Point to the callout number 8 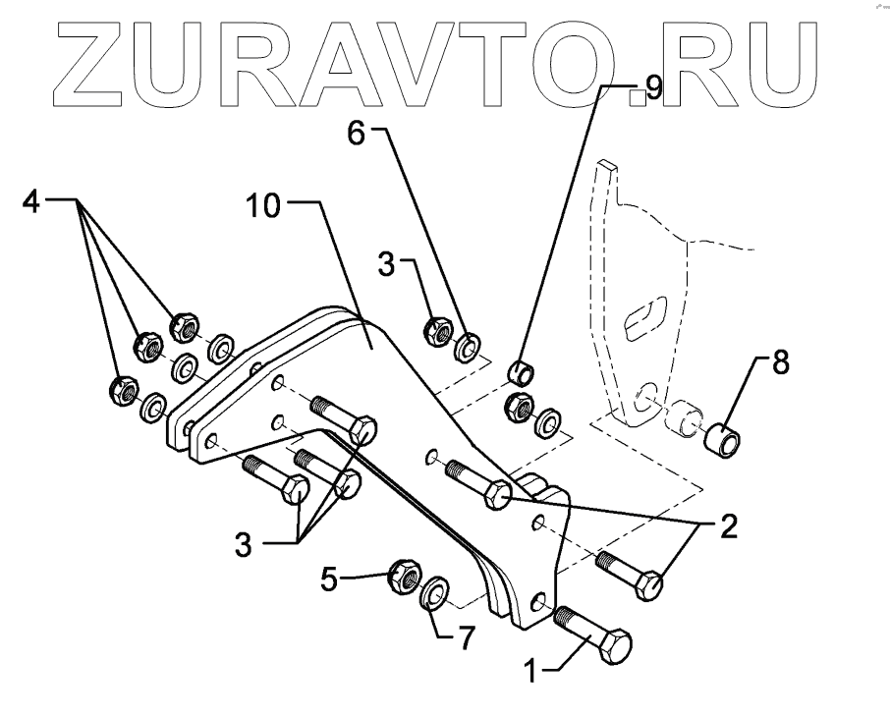(x=780, y=362)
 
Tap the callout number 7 (x=462, y=638)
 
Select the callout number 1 (x=530, y=674)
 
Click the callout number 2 (x=727, y=527)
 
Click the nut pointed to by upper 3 (x=437, y=332)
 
